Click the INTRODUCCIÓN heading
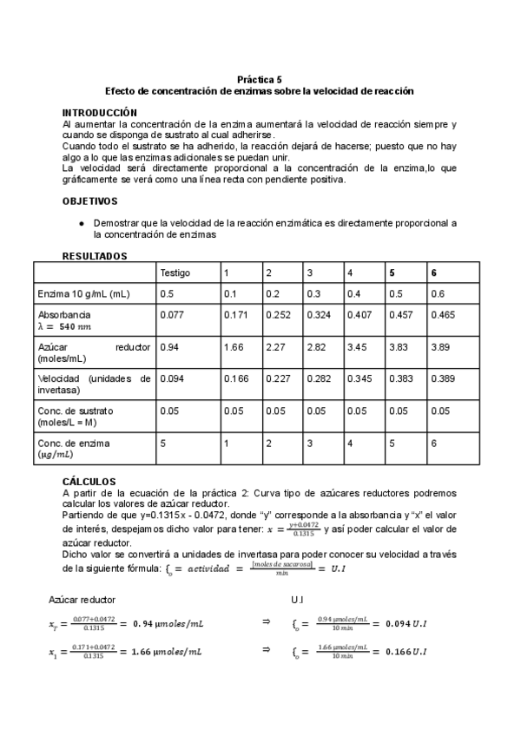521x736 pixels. [x=100, y=113]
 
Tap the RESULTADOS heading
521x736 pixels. [x=96, y=256]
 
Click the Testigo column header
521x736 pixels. [x=176, y=273]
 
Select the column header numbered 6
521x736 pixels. [x=434, y=273]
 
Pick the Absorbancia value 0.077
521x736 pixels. [x=173, y=313]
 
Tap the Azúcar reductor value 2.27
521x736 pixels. [x=274, y=347]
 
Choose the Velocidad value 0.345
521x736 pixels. [x=359, y=378]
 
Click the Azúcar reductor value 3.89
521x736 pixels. [x=439, y=347]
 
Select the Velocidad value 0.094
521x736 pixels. [x=173, y=378]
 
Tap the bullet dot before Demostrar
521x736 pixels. [x=81, y=223]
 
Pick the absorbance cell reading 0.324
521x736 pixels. [x=319, y=313]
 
